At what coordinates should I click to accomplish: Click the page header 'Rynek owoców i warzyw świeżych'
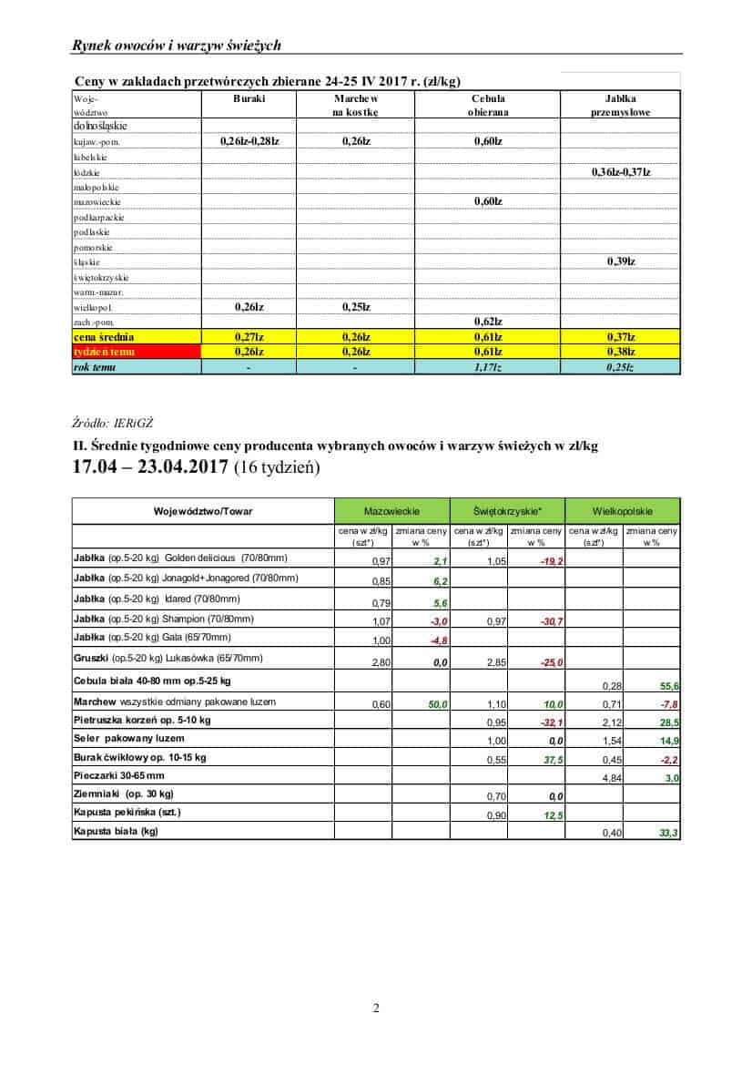177,45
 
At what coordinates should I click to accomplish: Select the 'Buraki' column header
249,97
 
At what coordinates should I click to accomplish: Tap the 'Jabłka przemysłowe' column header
620,105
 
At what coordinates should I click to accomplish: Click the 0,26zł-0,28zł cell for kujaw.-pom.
249,141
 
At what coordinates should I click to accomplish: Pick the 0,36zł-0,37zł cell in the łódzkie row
620,171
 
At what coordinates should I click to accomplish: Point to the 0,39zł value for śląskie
620,261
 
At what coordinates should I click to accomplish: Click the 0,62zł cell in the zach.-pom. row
488,322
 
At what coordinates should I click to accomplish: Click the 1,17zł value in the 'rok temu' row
488,366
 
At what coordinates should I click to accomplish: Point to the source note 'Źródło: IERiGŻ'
112,423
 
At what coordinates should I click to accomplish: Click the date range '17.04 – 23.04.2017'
149,468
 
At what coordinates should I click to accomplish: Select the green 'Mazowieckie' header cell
392,511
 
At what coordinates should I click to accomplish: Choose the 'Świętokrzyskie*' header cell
507,511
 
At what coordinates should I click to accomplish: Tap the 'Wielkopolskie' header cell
623,511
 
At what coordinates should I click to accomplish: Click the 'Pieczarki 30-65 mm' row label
119,775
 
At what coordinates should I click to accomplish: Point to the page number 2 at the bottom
375,1008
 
